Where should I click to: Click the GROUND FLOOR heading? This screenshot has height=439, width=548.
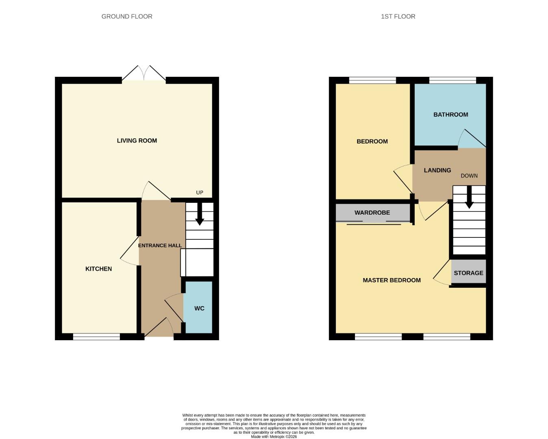127,17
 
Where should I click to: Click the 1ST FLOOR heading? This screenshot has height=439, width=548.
398,17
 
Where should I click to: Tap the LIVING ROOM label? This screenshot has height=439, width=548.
137,141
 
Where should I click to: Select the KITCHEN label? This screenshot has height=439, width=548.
98,269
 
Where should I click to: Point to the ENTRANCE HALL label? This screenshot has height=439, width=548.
160,246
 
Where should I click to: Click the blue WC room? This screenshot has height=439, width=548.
199,308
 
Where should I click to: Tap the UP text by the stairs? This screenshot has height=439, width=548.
200,193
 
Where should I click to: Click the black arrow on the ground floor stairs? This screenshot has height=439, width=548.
200,215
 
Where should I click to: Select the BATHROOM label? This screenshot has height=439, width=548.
450,115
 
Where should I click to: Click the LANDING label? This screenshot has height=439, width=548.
437,170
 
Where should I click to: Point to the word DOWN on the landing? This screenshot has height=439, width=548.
469,176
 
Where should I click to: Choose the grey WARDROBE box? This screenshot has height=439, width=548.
372,213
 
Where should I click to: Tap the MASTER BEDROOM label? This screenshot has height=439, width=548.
391,280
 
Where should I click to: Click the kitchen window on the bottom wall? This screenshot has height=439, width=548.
96,337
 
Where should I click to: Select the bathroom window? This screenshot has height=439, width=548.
452,80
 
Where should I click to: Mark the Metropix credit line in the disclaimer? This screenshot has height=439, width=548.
274,437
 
